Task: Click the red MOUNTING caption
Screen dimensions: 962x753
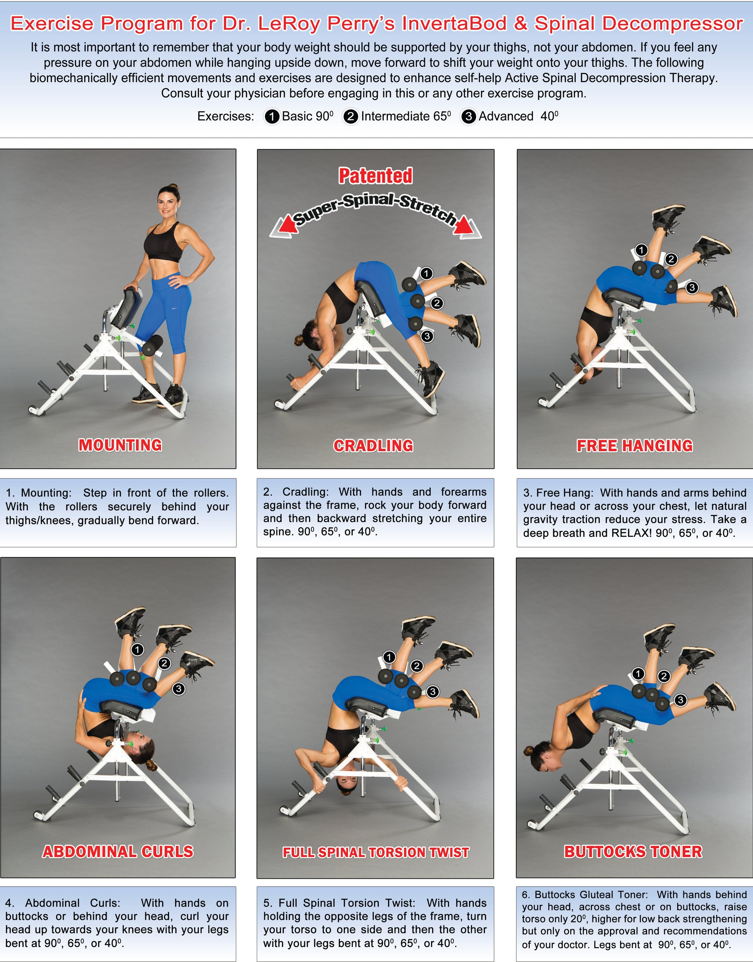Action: tap(120, 445)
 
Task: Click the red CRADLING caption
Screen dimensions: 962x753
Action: tap(373, 445)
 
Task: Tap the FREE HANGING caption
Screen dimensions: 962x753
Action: tap(634, 445)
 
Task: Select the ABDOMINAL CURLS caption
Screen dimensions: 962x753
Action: tap(118, 851)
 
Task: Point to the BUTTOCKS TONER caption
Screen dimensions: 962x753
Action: tap(633, 851)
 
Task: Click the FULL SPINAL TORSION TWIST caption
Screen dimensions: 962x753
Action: tap(376, 852)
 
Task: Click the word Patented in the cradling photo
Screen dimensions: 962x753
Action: tap(375, 176)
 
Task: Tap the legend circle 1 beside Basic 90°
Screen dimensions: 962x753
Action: tap(272, 116)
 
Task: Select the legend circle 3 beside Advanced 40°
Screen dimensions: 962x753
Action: tap(468, 116)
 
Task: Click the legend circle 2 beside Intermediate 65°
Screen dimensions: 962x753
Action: tap(351, 116)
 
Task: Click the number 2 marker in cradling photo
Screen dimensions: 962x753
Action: tap(436, 303)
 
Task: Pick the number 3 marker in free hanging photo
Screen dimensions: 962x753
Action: tap(692, 287)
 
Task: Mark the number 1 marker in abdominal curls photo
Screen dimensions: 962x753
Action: tap(137, 649)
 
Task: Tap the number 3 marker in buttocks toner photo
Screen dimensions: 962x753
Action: tap(680, 699)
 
